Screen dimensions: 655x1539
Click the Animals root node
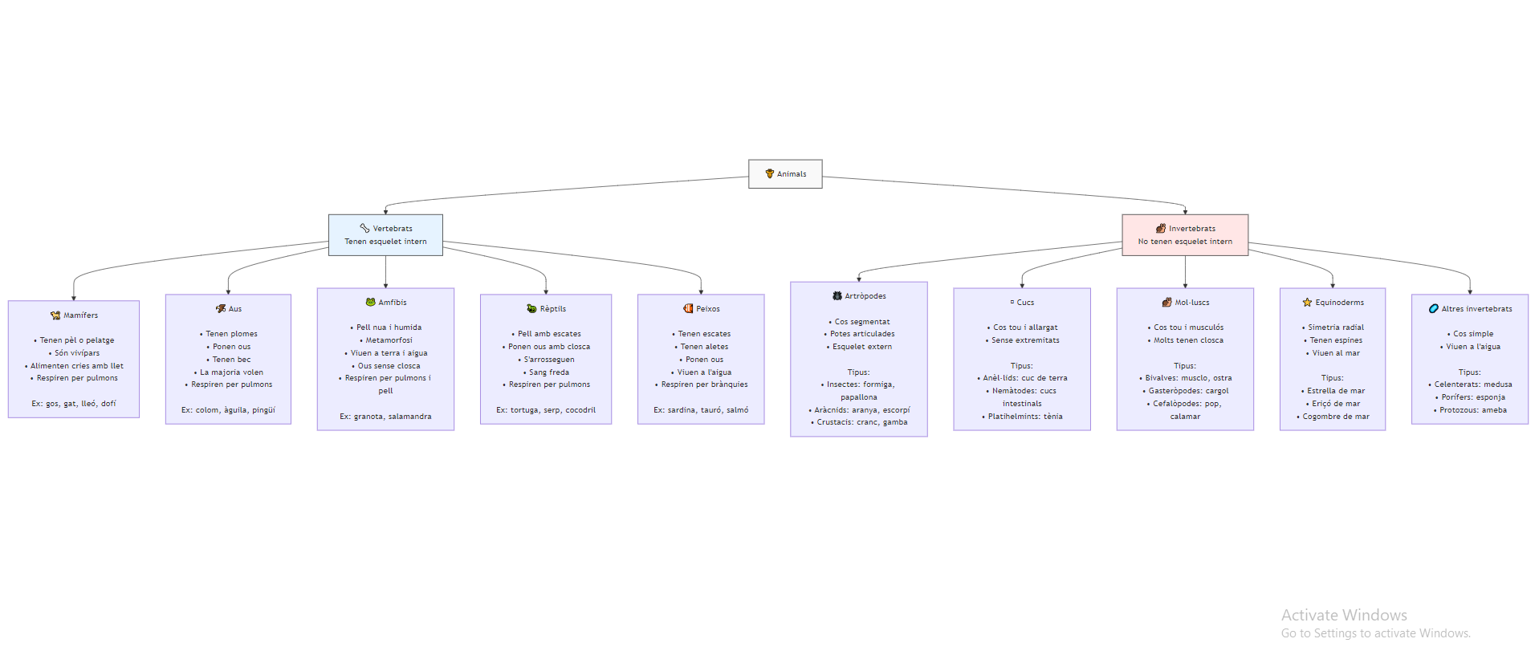(785, 173)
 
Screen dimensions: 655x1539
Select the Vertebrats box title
(392, 229)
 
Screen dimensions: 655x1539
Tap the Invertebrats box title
(1191, 229)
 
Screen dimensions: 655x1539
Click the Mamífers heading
(80, 315)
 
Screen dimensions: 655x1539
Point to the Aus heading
(234, 309)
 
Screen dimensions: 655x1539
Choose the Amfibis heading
(392, 303)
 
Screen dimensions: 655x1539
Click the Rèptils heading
(552, 309)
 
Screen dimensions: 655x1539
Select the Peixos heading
(707, 309)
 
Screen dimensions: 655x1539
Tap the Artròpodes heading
(865, 296)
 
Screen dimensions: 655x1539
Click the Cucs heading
(1025, 303)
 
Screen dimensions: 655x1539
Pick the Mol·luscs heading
(1191, 303)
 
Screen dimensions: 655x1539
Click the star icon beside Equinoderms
(1307, 303)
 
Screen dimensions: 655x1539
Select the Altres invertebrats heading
(1476, 309)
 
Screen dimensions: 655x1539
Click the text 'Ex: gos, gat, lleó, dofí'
(74, 404)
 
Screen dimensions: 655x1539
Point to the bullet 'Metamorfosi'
(389, 340)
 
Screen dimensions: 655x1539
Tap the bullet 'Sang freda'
(549, 372)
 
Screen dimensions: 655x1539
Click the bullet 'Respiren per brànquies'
(704, 384)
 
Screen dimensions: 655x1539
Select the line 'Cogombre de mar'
(1336, 417)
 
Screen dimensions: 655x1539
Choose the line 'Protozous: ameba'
(1472, 410)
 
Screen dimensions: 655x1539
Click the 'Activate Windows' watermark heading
(1344, 615)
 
